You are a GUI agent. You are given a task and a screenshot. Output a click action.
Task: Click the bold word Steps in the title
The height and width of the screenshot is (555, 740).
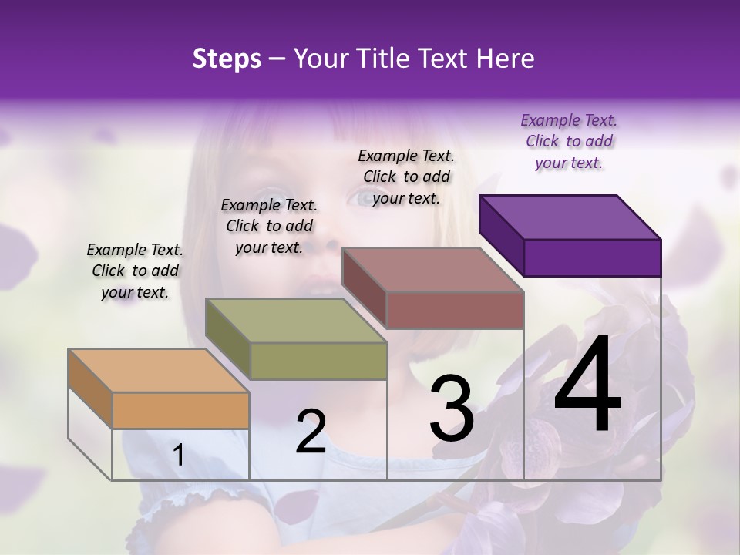[x=226, y=59]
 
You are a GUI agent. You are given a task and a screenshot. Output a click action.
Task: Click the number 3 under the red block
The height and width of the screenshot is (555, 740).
[x=452, y=409]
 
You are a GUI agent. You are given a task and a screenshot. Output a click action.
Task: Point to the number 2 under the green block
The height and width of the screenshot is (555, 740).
[x=311, y=432]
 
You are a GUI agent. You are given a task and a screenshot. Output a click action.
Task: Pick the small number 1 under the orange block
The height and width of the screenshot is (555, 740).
[x=178, y=456]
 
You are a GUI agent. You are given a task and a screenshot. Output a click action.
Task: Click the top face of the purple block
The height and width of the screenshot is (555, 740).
[x=570, y=217]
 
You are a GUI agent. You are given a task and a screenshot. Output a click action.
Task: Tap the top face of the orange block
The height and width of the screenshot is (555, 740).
[x=158, y=370]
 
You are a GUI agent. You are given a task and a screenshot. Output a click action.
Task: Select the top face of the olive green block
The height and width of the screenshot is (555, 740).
[x=296, y=320]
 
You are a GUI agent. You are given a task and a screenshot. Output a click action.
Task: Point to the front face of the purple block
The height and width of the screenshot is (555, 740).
[x=592, y=257]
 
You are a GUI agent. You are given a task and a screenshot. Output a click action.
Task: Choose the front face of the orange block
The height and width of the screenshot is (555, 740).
[x=180, y=410]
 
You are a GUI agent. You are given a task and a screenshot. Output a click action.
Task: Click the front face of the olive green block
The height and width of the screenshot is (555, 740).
[x=318, y=361]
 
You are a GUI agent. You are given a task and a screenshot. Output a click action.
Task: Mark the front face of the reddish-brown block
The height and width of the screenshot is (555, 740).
[x=455, y=310]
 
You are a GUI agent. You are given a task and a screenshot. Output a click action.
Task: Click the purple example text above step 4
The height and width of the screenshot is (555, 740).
[x=569, y=141]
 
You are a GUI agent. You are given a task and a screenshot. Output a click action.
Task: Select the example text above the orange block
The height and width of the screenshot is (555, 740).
[x=135, y=271]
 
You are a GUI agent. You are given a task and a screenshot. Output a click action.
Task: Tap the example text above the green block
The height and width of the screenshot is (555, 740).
[x=269, y=226]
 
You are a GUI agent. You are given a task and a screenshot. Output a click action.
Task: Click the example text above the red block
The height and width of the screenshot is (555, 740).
[x=406, y=177]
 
